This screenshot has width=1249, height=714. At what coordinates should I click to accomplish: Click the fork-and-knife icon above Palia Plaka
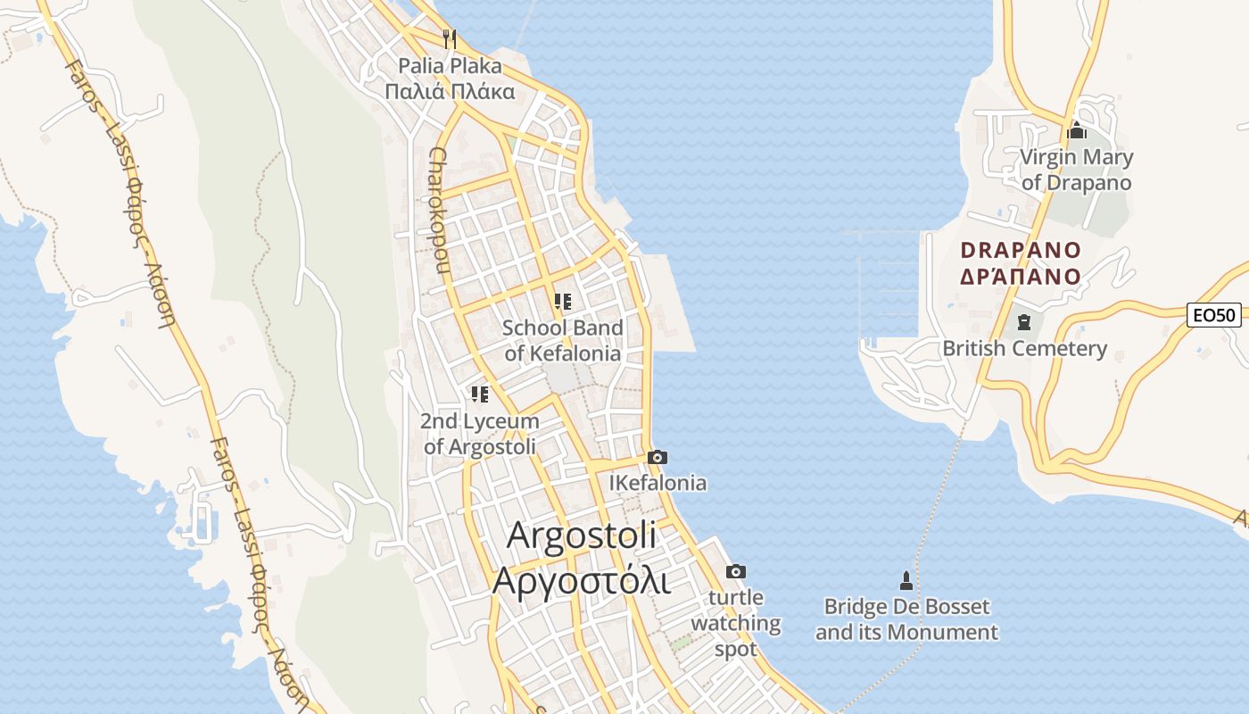coord(450,38)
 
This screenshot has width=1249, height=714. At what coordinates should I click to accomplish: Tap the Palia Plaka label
coord(450,66)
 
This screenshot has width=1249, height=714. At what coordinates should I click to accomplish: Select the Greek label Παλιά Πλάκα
coord(450,91)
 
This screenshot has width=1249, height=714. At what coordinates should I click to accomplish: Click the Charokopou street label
coord(437,210)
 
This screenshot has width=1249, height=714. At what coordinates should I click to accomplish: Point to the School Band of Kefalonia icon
coord(562,302)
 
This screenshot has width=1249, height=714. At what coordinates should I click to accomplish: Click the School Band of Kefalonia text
coord(562,340)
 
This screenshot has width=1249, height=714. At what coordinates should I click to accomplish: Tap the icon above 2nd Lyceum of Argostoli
coord(480,394)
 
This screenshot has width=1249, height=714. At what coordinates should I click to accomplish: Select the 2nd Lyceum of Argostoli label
coord(480,434)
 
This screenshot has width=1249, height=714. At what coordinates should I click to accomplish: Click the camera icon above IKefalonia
coord(658,458)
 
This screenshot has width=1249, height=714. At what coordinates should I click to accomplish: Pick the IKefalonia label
coord(658,483)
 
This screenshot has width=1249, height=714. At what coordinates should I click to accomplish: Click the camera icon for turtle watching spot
coord(736,572)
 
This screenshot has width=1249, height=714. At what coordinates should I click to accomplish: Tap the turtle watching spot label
coord(736,623)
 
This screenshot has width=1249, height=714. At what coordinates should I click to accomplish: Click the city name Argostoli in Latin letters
coord(582,535)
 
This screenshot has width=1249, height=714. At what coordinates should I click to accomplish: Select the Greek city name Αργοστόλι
coord(581,579)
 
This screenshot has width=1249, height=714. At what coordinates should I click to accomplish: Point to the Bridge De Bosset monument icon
coord(906,582)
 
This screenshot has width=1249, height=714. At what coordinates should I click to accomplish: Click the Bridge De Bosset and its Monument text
coord(906,619)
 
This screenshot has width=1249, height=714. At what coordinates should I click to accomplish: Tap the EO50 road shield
coord(1213,315)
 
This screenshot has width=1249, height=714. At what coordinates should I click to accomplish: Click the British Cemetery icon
coord(1024,322)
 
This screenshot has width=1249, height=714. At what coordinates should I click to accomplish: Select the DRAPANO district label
coord(1021,250)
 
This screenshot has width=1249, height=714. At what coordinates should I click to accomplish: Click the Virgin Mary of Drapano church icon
coord(1077,131)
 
